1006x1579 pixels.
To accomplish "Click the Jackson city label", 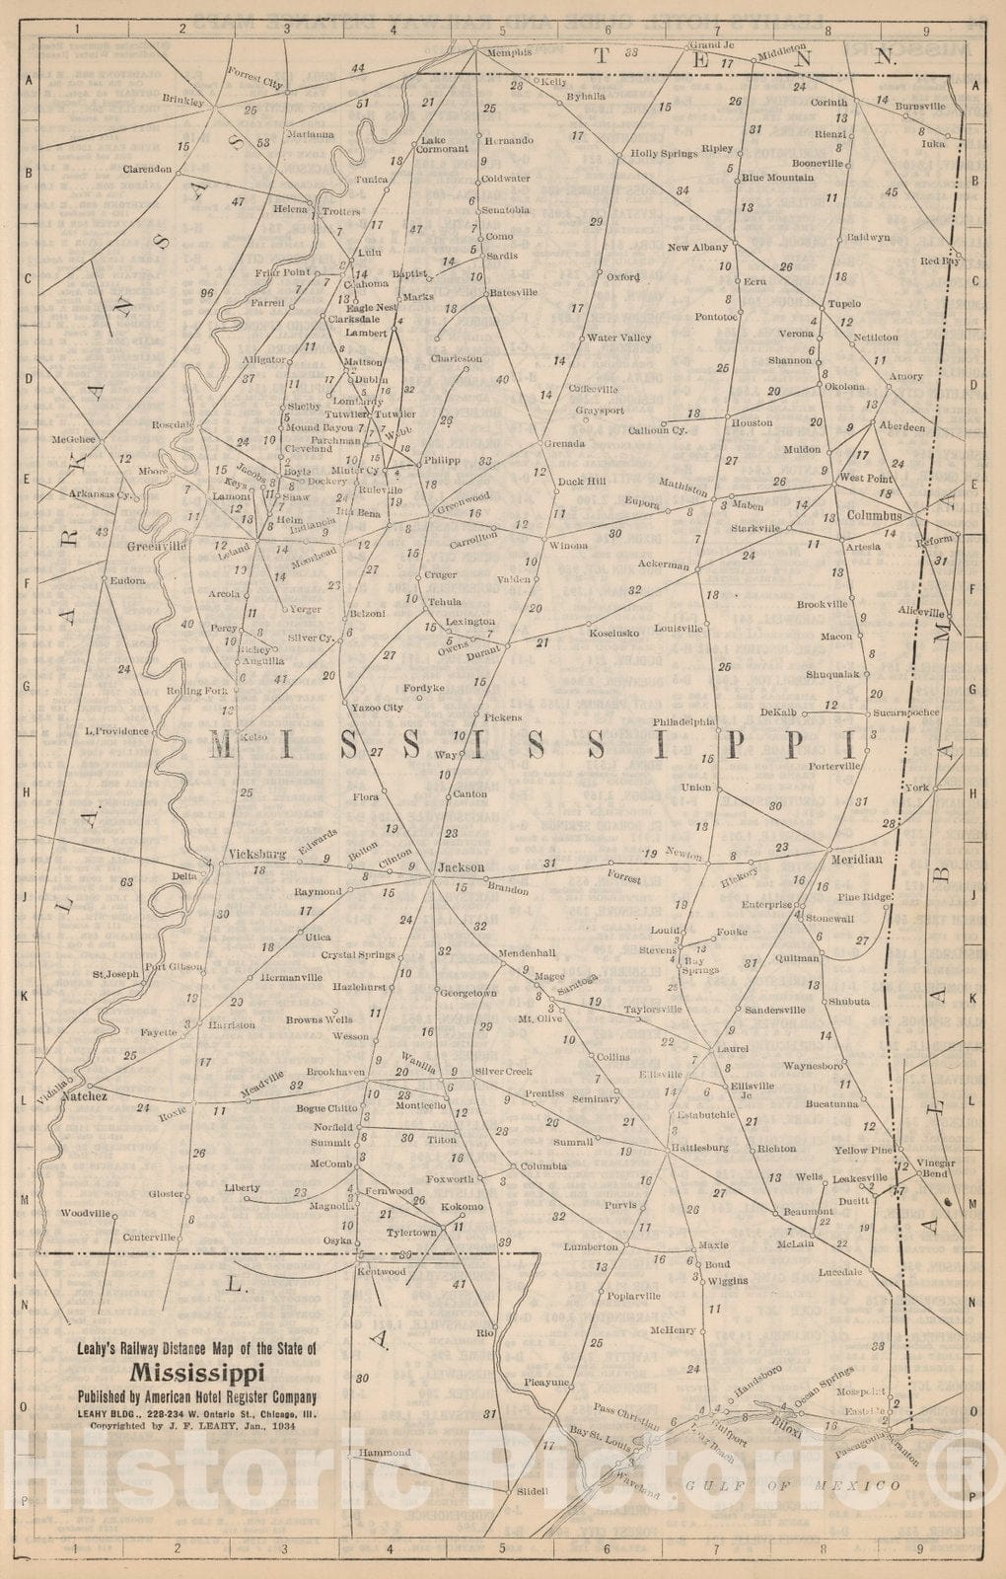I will click(x=461, y=867).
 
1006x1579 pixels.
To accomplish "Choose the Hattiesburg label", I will click(x=699, y=1148).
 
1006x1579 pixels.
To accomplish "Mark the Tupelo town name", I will click(x=844, y=303).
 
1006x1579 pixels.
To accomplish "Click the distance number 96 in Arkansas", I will click(x=205, y=293).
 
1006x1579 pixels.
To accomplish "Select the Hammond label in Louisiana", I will click(x=385, y=1453).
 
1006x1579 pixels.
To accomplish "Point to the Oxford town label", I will click(x=623, y=277).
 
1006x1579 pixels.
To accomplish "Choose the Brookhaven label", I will click(x=335, y=1072).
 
